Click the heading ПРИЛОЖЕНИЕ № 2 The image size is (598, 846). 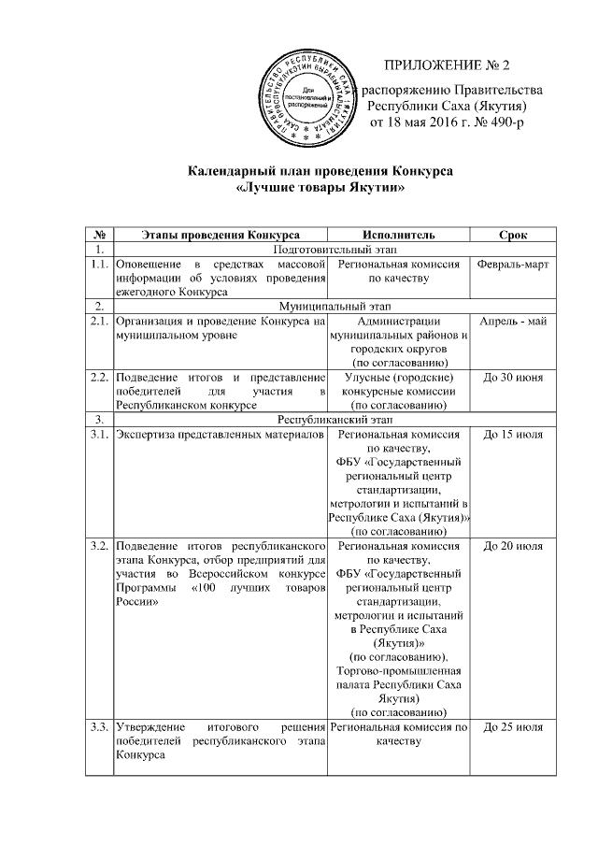pyautogui.click(x=448, y=65)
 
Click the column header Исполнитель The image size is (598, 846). pyautogui.click(x=398, y=233)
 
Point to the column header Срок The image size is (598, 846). pyautogui.click(x=513, y=233)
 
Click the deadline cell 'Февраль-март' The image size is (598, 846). pyautogui.click(x=513, y=265)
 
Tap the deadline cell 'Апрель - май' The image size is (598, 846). pyautogui.click(x=513, y=321)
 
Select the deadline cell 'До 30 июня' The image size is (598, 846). pyautogui.click(x=513, y=377)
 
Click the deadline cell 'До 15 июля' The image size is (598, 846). pyautogui.click(x=513, y=435)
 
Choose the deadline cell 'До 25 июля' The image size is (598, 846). pyautogui.click(x=513, y=726)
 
